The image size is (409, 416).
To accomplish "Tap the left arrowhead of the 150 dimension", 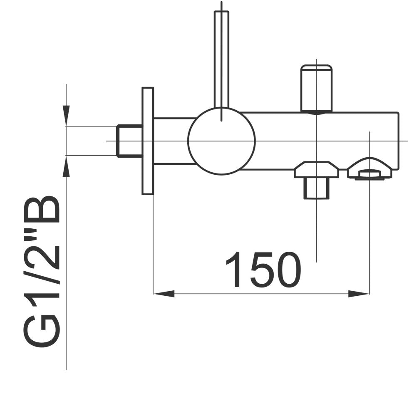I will [x=164, y=294].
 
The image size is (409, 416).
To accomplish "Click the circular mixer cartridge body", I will [x=221, y=141].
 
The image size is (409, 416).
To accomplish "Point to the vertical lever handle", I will [x=221, y=58].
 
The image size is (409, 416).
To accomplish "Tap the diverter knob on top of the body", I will [x=316, y=88].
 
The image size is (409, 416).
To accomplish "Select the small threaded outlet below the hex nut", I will [x=316, y=188].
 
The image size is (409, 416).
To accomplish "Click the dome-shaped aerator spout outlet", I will [x=370, y=169].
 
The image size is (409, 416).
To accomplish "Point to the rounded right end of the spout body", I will [x=395, y=141].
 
